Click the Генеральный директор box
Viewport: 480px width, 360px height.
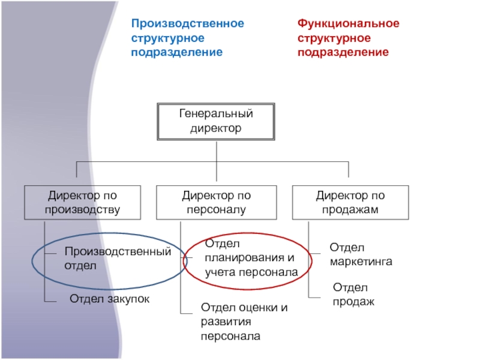[x=216, y=122]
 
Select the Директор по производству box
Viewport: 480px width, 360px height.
[x=82, y=202]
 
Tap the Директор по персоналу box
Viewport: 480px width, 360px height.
[x=216, y=202]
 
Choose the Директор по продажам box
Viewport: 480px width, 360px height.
[x=350, y=202]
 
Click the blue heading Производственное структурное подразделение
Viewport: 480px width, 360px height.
[x=187, y=38]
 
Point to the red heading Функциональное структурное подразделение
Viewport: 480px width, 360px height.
[x=348, y=38]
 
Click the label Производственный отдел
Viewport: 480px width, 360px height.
[x=118, y=258]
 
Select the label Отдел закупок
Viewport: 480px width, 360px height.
[x=109, y=298]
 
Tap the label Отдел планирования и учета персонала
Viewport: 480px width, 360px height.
[x=250, y=258]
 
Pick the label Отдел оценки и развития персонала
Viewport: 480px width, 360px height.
[x=244, y=322]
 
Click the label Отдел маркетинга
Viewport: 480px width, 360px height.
[x=361, y=255]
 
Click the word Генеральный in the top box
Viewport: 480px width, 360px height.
[x=216, y=114]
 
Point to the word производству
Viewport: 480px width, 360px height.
[x=82, y=209]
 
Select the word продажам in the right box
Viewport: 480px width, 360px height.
[x=350, y=209]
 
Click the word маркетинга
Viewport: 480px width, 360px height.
[x=361, y=262]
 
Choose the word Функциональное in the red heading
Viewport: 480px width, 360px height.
[x=348, y=24]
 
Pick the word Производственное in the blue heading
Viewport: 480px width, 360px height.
[x=187, y=24]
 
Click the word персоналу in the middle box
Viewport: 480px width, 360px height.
[x=216, y=209]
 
